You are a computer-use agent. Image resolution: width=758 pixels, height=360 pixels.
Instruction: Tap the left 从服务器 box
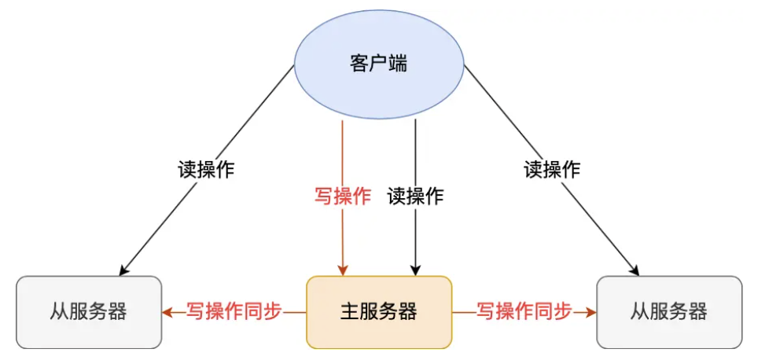[88, 312]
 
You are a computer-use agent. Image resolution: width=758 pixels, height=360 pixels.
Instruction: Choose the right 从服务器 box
[669, 312]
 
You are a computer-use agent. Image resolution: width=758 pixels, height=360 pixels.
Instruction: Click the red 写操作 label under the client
[342, 197]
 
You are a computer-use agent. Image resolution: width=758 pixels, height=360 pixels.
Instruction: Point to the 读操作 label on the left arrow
[205, 169]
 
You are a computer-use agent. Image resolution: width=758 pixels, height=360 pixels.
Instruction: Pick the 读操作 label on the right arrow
[552, 169]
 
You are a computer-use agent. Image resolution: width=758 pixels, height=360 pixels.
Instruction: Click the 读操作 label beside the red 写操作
[415, 197]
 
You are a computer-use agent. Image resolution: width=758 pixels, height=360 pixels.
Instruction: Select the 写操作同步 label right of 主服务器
[524, 311]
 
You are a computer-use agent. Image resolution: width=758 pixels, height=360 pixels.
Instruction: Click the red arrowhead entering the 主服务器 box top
[342, 270]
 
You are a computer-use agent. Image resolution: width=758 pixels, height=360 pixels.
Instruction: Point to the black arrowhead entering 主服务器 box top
[415, 270]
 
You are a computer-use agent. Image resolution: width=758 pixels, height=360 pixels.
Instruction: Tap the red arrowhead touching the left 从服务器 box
[167, 312]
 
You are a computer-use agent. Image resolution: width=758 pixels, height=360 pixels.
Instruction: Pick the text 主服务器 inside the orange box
[378, 312]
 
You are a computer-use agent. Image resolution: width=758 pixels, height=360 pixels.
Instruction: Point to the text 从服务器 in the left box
[88, 312]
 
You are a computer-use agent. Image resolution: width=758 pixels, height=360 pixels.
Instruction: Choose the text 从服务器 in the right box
[669, 312]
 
